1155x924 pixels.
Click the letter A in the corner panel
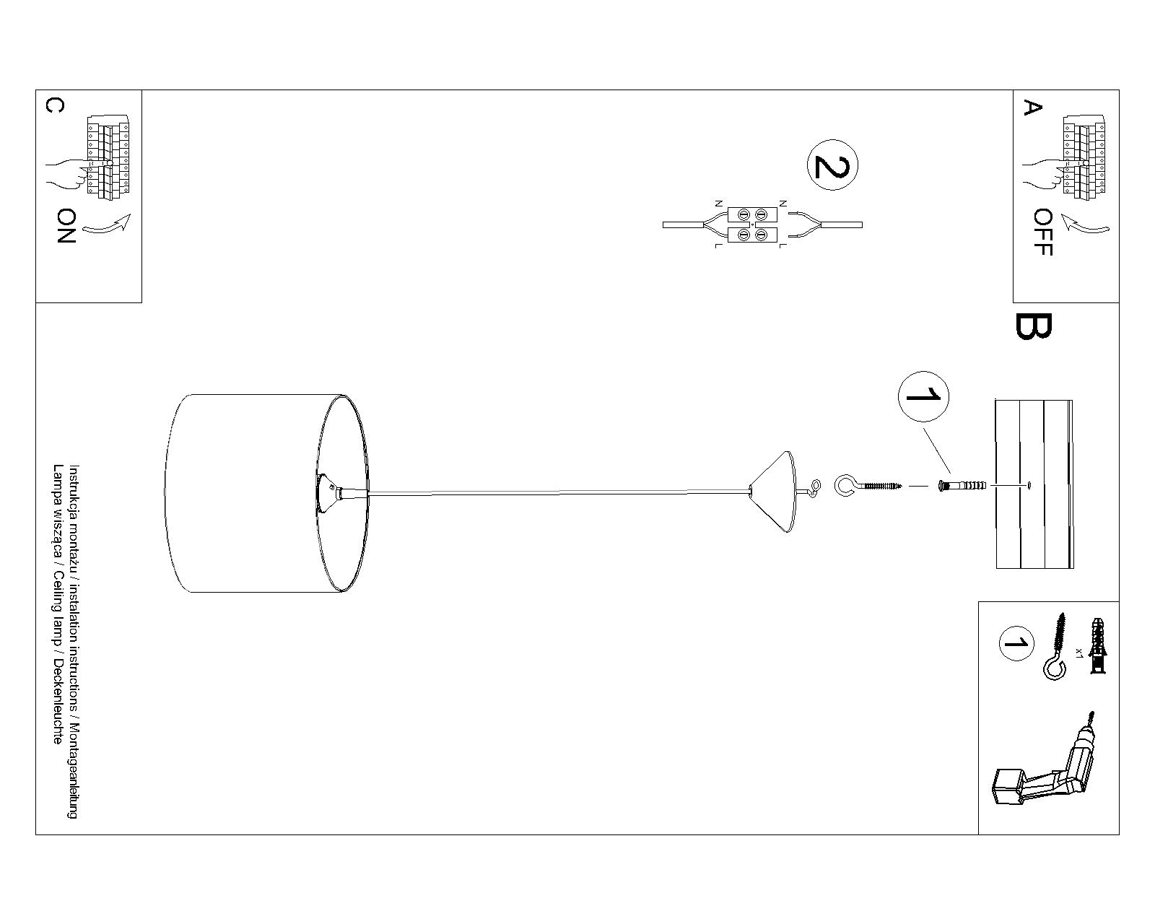point(1033,108)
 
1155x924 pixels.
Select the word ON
point(66,226)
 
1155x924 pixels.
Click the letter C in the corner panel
point(54,105)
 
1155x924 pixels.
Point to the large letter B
point(1034,326)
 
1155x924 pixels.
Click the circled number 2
point(832,165)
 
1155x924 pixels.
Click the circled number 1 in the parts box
point(1016,644)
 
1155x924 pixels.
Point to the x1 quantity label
point(1078,652)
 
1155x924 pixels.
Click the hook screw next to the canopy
point(867,487)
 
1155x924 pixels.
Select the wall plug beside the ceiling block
point(960,487)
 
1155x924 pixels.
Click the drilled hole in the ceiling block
point(1028,485)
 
